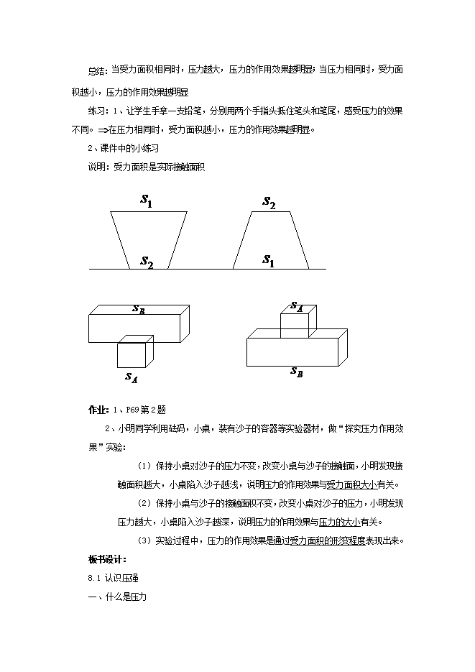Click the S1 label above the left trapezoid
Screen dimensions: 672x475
click(x=147, y=203)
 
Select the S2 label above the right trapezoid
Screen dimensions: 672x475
click(x=269, y=203)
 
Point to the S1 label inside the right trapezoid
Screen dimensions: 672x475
click(x=268, y=260)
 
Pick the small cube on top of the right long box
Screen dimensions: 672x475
click(x=294, y=325)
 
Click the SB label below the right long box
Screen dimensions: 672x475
click(x=296, y=372)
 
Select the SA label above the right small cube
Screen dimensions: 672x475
click(x=297, y=307)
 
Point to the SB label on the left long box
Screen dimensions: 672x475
click(x=139, y=309)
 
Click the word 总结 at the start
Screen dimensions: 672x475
click(x=96, y=70)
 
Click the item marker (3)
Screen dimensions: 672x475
click(x=144, y=540)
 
